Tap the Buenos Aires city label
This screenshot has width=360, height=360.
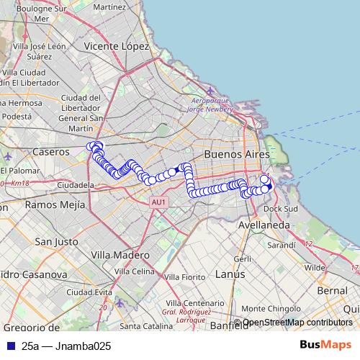[x=237, y=155]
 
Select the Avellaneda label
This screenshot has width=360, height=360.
[x=265, y=225]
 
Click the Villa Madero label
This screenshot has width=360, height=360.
[x=121, y=255]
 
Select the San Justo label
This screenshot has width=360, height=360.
[x=55, y=242]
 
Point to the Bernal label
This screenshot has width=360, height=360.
[x=332, y=289]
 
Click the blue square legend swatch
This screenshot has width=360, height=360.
[x=9, y=346]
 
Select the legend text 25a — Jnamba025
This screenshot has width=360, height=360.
[x=66, y=346]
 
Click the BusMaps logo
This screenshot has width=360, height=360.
[x=325, y=346]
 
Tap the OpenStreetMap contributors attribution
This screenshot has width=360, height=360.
[x=297, y=323]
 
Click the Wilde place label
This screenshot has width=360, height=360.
[x=315, y=267]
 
